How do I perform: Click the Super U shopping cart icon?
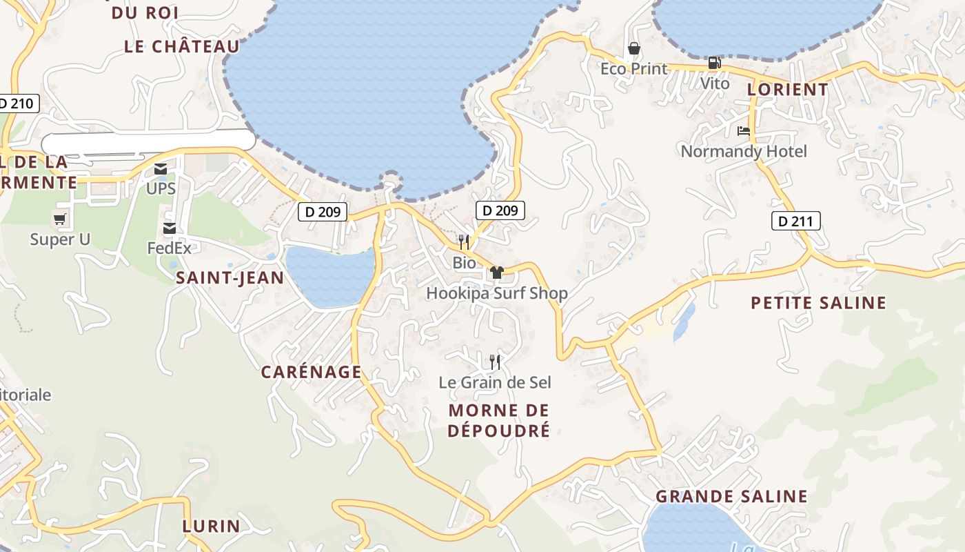(x=60, y=219)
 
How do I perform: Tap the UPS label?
(x=161, y=188)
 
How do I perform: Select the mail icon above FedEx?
(x=169, y=228)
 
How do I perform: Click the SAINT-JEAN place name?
(x=230, y=278)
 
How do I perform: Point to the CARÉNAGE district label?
(x=311, y=372)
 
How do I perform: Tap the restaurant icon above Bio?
(x=464, y=242)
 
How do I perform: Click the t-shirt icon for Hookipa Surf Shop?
(x=497, y=272)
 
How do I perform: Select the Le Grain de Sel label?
(x=495, y=382)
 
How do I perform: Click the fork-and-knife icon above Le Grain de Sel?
(x=495, y=362)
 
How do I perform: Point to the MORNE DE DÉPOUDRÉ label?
(x=499, y=420)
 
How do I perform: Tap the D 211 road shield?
(x=795, y=221)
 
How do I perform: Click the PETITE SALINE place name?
(x=818, y=303)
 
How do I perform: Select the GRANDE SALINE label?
(x=731, y=496)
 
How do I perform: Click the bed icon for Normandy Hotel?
(x=743, y=130)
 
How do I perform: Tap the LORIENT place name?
(x=788, y=90)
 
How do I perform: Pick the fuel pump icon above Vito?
(x=714, y=63)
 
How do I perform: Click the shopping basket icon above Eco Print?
(x=633, y=48)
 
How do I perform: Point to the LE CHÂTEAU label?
(x=182, y=46)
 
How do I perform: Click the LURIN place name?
(x=212, y=526)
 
